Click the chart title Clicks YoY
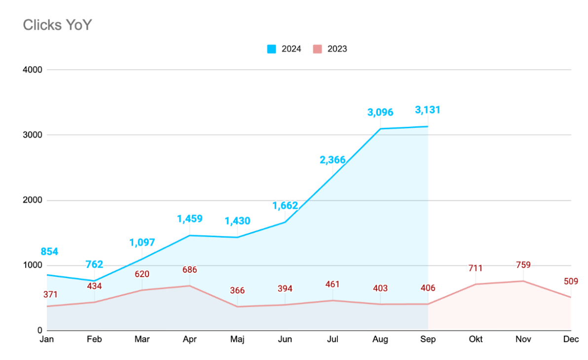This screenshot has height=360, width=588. click(57, 25)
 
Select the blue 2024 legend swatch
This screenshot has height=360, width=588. click(271, 49)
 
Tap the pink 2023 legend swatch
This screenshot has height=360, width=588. click(317, 49)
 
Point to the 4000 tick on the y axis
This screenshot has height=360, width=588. click(33, 70)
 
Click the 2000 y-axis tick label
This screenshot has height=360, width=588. click(33, 200)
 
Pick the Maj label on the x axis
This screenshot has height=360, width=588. click(237, 339)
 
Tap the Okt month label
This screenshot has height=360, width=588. click(476, 339)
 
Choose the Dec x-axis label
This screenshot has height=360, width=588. click(571, 339)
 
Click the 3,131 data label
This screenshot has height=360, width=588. click(428, 110)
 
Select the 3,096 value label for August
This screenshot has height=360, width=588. click(380, 112)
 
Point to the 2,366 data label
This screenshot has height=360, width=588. click(332, 160)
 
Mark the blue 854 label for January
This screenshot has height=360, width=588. click(49, 252)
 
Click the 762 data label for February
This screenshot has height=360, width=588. click(94, 264)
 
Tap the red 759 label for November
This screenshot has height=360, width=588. click(523, 265)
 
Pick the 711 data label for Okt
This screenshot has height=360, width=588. click(476, 268)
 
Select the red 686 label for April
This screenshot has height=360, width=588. click(190, 270)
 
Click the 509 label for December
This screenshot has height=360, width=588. click(571, 281)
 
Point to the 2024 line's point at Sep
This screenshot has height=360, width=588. click(428, 126)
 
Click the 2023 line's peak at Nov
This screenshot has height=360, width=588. click(523, 281)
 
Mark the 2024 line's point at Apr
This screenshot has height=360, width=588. click(190, 236)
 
